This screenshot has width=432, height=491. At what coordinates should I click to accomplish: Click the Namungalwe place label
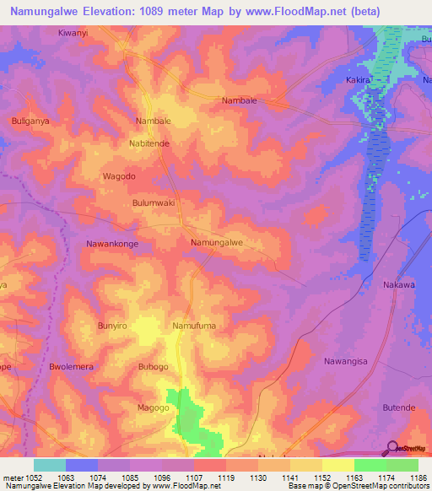pyautogui.click(x=217, y=243)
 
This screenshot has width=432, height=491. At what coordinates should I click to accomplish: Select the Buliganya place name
pyautogui.click(x=32, y=121)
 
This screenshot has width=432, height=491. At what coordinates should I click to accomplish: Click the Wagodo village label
pyautogui.click(x=118, y=176)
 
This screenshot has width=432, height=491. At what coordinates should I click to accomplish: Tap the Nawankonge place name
pyautogui.click(x=112, y=244)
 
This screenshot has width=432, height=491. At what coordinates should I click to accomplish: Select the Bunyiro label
pyautogui.click(x=111, y=325)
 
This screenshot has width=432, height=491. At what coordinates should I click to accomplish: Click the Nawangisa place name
pyautogui.click(x=346, y=361)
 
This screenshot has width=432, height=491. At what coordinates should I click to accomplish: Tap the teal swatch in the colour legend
pyautogui.click(x=49, y=465)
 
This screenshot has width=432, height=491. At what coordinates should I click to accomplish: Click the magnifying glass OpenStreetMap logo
pyautogui.click(x=392, y=448)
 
